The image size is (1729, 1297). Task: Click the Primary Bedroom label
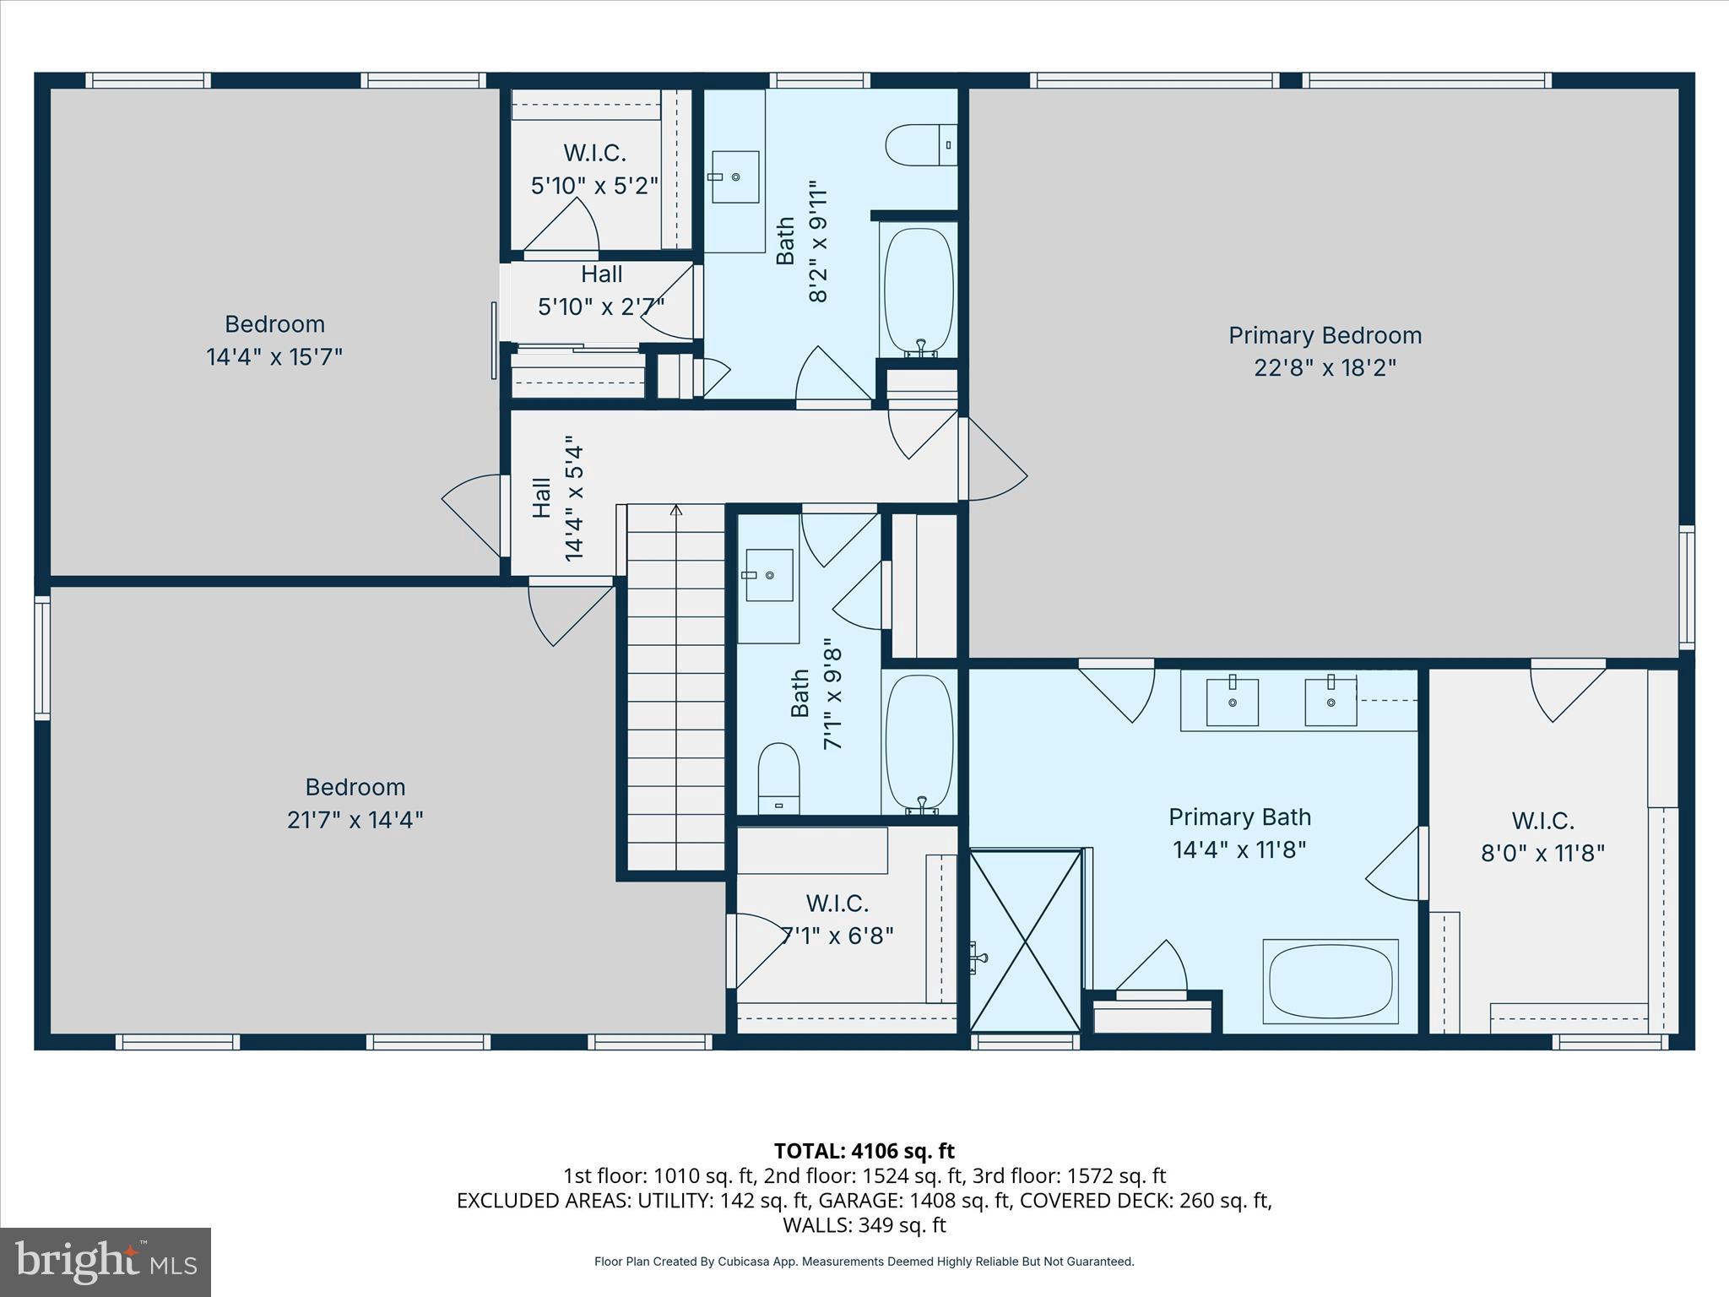coord(1324,335)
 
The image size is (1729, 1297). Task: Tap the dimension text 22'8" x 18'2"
coord(1324,368)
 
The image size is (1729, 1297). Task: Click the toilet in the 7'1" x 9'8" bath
coord(778,777)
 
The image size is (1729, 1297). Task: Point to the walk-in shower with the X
coord(1025,941)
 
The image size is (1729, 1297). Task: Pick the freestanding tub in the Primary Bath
coord(1330,981)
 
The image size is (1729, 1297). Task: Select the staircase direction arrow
coord(675,509)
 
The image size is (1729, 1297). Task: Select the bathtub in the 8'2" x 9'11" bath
coord(918,291)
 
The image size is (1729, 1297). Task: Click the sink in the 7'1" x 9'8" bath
coord(768,575)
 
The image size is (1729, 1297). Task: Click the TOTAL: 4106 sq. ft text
coord(864,1151)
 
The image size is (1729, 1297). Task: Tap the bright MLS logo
coord(106,1262)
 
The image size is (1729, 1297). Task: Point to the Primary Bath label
coord(1238,817)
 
